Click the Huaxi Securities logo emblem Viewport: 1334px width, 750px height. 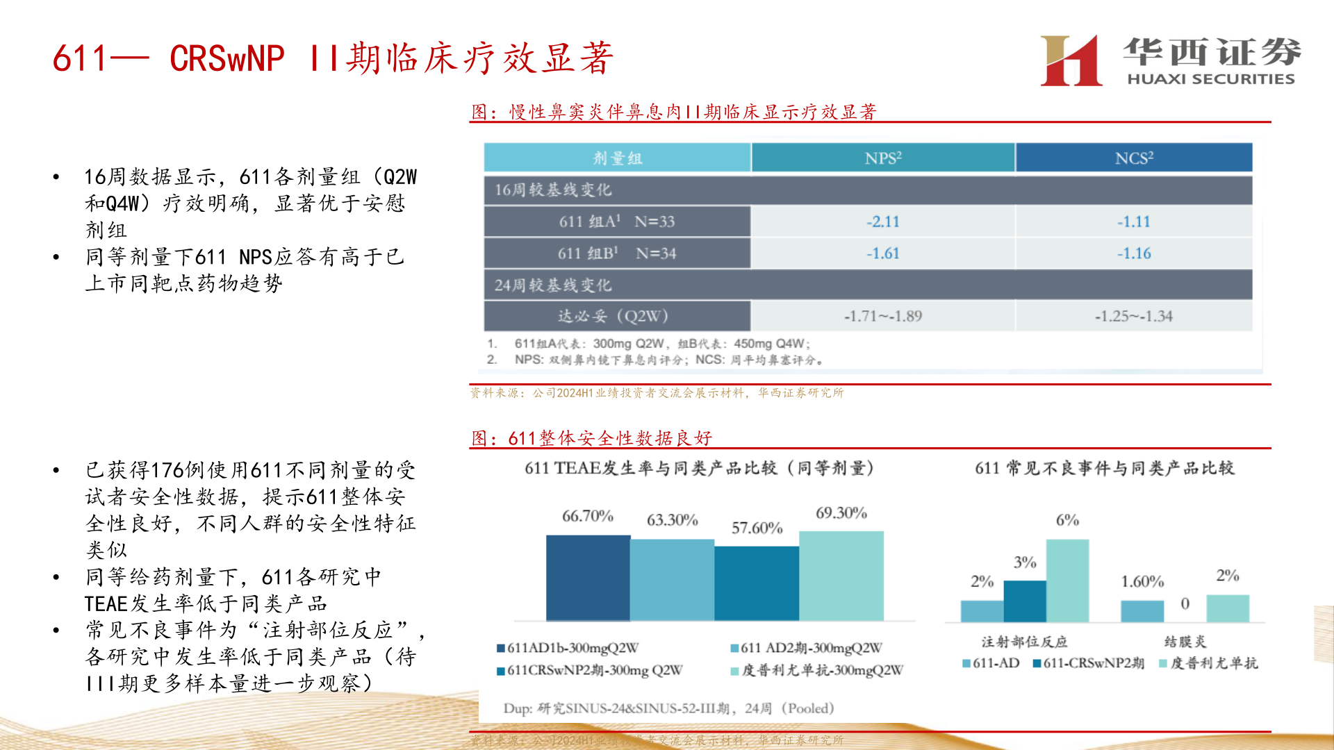pyautogui.click(x=1071, y=61)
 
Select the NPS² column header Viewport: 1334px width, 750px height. pyautogui.click(x=882, y=158)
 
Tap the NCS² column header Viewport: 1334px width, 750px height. pyautogui.click(x=1133, y=158)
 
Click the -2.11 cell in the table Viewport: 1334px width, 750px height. pyautogui.click(x=882, y=222)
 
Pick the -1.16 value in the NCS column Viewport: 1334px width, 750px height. pyautogui.click(x=1133, y=253)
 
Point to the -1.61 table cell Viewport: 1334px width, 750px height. pyautogui.click(x=882, y=253)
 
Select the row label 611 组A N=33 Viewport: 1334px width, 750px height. pyautogui.click(x=616, y=222)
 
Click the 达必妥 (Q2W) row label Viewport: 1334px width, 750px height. pyautogui.click(x=613, y=316)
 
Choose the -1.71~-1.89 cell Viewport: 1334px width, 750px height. pyautogui.click(x=882, y=316)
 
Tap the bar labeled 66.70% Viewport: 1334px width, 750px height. pyautogui.click(x=588, y=578)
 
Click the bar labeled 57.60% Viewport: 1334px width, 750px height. pyautogui.click(x=757, y=583)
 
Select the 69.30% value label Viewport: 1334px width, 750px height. pyautogui.click(x=841, y=513)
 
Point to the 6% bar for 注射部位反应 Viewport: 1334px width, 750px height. pyautogui.click(x=1067, y=581)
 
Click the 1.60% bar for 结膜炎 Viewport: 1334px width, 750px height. pyautogui.click(x=1142, y=611)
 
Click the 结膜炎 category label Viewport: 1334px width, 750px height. pyautogui.click(x=1185, y=642)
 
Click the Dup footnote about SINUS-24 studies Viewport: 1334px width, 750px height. pyautogui.click(x=668, y=708)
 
